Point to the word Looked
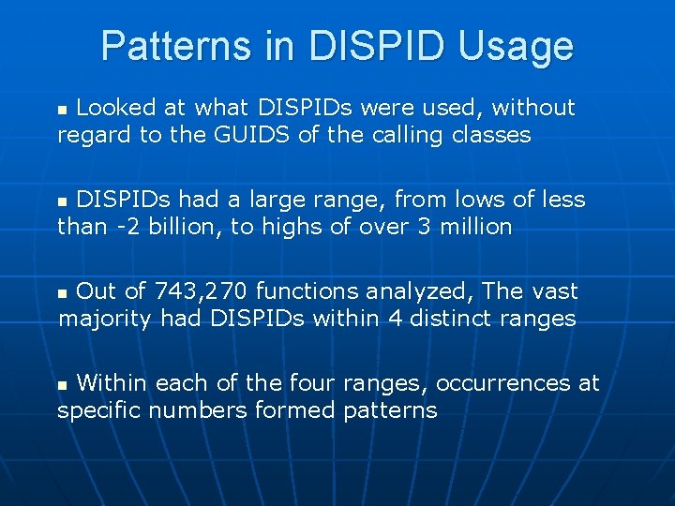coord(116,109)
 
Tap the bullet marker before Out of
coord(64,293)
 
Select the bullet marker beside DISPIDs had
coord(64,201)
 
